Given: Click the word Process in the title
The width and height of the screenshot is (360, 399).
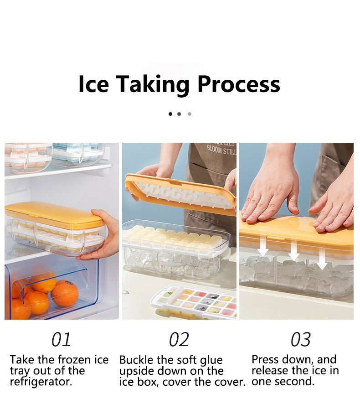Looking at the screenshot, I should click(238, 85).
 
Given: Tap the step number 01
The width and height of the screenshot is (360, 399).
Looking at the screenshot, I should click(61, 340).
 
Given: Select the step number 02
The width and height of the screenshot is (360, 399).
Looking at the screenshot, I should click(179, 340).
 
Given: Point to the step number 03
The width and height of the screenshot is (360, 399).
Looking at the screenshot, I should click(300, 340).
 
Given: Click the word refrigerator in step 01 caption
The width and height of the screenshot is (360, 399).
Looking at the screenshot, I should click(41, 382).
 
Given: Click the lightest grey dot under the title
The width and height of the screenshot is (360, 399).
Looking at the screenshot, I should click(190, 114).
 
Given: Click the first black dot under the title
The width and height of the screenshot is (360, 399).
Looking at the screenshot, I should click(170, 114).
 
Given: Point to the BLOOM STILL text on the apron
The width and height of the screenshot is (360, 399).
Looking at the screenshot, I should click(221, 149).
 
